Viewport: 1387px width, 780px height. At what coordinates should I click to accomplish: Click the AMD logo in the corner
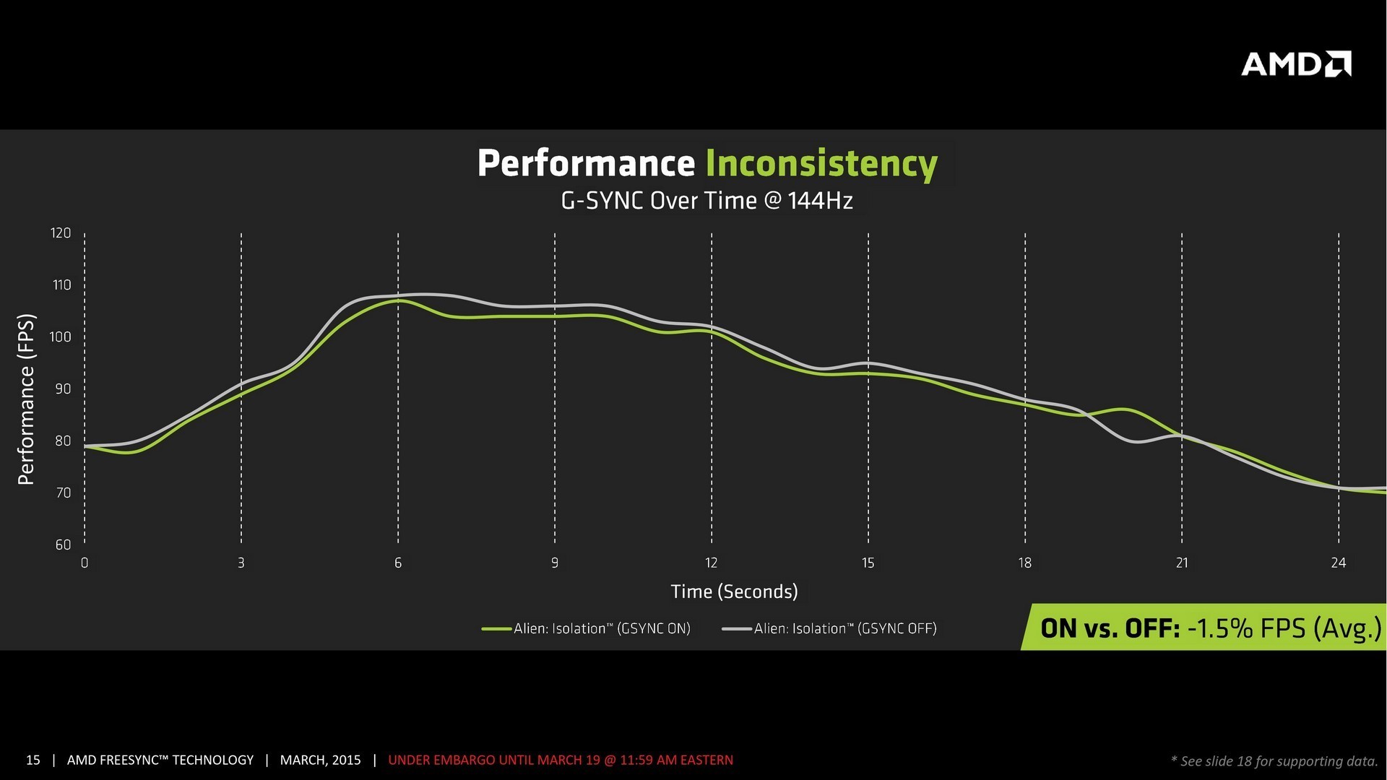(1296, 64)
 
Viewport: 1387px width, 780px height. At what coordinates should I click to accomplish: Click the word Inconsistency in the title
(821, 163)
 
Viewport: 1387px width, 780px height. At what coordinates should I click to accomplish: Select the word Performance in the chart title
(586, 163)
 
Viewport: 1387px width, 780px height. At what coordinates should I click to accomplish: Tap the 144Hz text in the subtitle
(820, 201)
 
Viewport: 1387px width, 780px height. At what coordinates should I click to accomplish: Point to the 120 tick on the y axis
(61, 233)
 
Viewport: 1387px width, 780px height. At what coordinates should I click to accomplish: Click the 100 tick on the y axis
(61, 337)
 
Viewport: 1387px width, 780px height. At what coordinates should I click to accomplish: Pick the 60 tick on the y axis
(63, 545)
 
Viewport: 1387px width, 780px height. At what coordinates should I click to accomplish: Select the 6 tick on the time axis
(398, 563)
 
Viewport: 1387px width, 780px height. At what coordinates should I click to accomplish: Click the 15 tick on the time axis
(868, 563)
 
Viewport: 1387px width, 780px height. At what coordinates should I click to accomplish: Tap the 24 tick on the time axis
(1338, 563)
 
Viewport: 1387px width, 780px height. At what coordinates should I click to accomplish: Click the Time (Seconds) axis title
(734, 591)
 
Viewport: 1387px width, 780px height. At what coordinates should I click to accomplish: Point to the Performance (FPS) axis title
(26, 399)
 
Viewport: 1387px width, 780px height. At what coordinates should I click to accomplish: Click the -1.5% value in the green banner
(1220, 628)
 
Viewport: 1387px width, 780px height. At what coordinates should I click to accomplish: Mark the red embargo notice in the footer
(561, 760)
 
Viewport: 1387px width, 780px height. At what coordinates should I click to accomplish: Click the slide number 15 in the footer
(33, 760)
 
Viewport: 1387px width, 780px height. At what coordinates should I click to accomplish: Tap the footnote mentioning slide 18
(1274, 760)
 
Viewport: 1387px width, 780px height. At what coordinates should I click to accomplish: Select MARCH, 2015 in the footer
(320, 760)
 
